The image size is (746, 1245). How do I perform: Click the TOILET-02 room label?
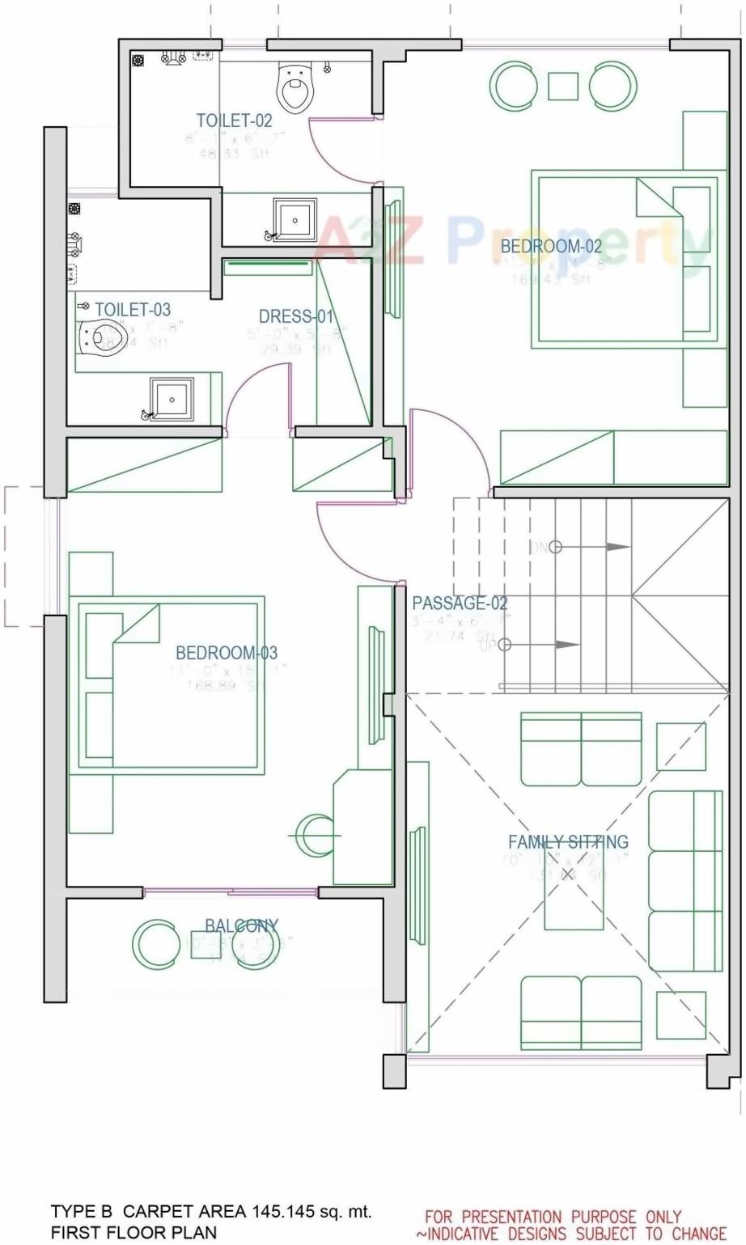point(234,121)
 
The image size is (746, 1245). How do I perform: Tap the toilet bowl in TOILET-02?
point(295,88)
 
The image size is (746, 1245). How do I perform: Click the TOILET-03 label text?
point(133,309)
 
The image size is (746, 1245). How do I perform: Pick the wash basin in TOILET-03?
point(172,400)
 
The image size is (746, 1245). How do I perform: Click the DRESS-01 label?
point(295,317)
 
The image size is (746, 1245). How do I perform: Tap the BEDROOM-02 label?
point(551,247)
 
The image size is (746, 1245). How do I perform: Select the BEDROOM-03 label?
point(227,653)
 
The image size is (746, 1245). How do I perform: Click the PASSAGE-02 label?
point(460,603)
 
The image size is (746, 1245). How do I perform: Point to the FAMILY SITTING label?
point(568,842)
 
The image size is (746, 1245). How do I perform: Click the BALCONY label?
point(241,926)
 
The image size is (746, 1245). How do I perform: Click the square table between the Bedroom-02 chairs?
point(563,86)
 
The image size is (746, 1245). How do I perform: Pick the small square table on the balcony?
point(206,944)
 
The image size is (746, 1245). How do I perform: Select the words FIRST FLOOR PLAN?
point(134,1233)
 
